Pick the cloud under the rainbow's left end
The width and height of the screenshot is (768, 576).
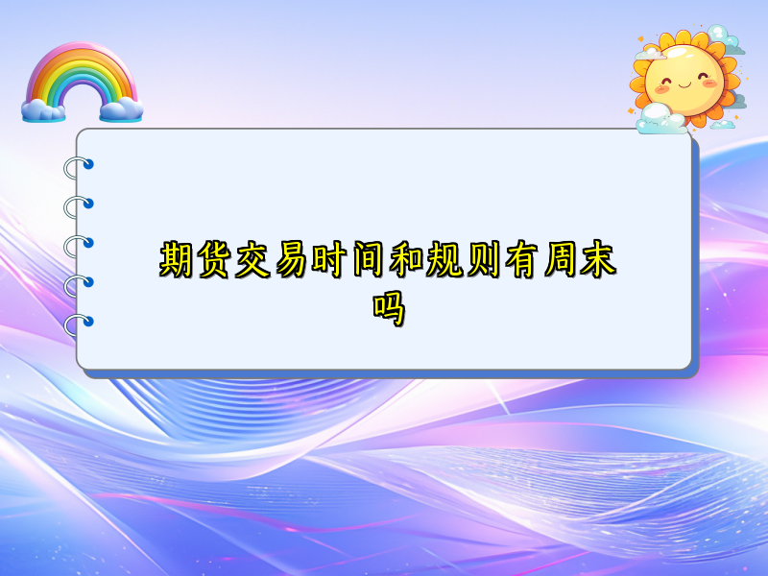click(x=43, y=109)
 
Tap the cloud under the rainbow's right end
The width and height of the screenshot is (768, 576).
click(x=121, y=109)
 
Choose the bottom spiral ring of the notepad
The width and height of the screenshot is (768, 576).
click(x=77, y=324)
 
